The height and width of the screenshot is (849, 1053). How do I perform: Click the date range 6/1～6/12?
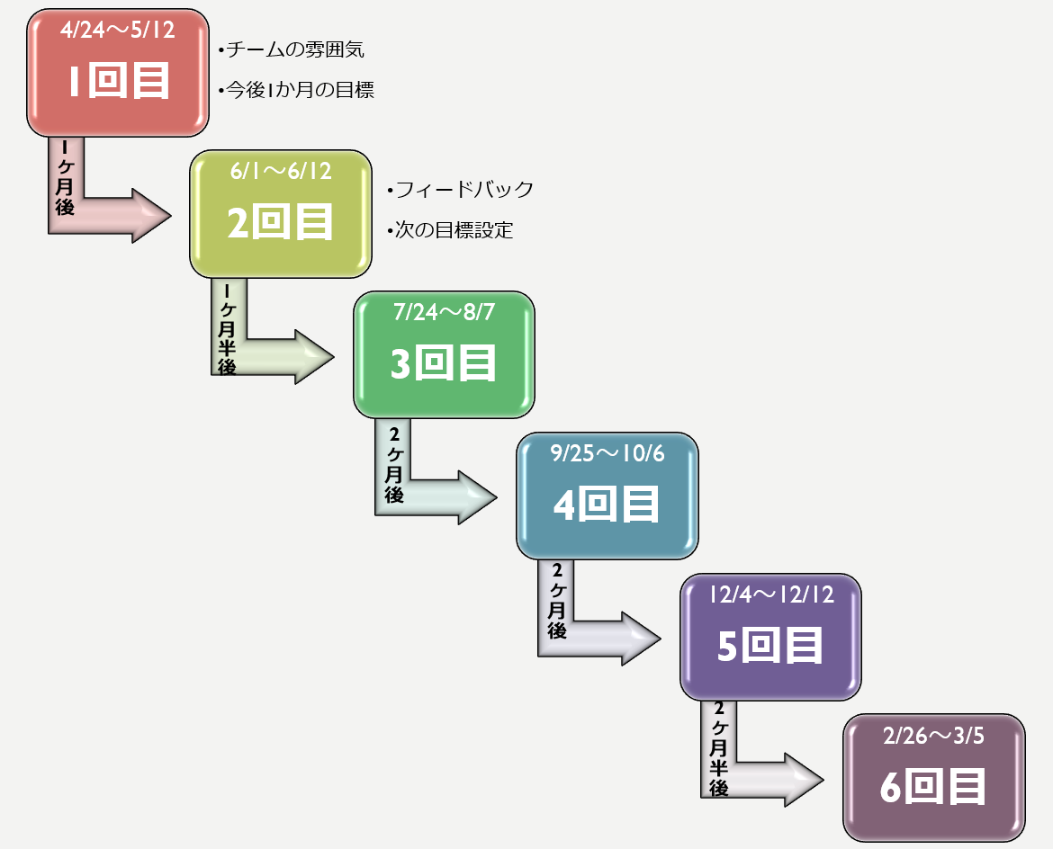[280, 171]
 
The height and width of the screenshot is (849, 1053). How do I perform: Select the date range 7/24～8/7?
[444, 312]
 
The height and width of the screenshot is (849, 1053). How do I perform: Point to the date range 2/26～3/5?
[933, 736]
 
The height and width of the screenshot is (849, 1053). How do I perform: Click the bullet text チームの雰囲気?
[292, 49]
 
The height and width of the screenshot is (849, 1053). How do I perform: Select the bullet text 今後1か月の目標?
[296, 90]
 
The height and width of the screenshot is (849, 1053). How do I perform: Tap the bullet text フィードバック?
[460, 190]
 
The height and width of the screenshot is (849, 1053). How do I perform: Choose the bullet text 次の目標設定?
[449, 230]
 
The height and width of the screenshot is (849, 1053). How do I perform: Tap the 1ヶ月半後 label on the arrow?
[227, 329]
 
